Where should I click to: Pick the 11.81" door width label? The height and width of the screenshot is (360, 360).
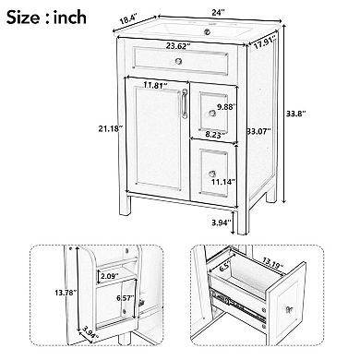[x=155, y=90]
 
